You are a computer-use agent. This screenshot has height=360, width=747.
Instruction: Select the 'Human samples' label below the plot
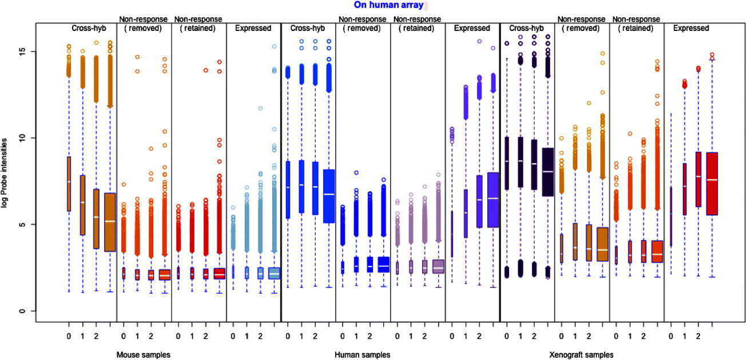[363, 355]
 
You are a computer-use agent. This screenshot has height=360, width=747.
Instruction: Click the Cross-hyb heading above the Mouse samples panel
[89, 28]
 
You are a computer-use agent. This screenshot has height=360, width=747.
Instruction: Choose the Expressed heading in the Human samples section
[472, 28]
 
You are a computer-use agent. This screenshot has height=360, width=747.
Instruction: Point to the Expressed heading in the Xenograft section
[691, 28]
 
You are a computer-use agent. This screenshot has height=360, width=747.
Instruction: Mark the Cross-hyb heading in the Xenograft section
[526, 28]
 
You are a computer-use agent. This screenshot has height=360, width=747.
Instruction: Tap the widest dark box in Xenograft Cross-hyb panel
[548, 172]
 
